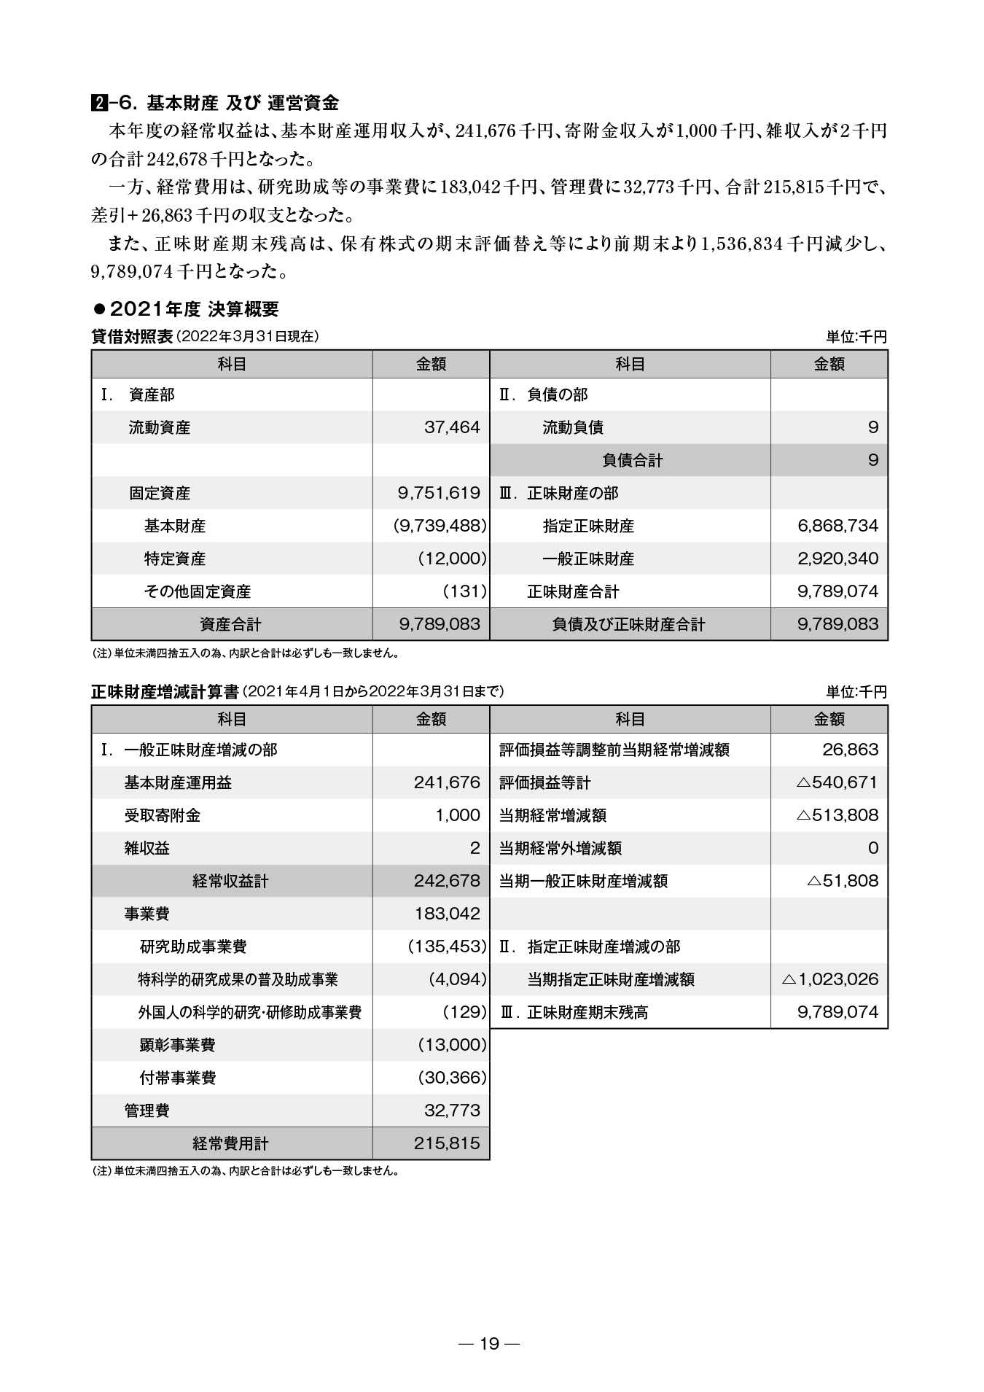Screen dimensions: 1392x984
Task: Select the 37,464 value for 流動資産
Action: coord(452,427)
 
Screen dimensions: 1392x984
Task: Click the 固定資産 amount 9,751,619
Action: coord(439,493)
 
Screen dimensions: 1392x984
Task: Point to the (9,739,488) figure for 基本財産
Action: coord(440,526)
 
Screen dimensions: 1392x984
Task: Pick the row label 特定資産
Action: coord(175,559)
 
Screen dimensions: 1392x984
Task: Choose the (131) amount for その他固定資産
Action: coord(464,591)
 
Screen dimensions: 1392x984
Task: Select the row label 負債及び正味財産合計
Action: coord(629,624)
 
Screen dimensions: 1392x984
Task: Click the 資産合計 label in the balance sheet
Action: coord(230,624)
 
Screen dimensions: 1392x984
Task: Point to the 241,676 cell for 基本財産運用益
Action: coord(447,782)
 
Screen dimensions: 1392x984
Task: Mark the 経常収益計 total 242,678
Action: coord(447,881)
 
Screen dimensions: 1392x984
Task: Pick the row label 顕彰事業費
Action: coord(177,1045)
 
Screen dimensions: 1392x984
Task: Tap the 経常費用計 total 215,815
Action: coord(447,1143)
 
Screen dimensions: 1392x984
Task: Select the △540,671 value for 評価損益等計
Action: coord(837,782)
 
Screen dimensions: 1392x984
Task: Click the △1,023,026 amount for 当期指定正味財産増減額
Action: coord(829,979)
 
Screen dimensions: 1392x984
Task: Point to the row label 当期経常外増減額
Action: coord(560,848)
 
